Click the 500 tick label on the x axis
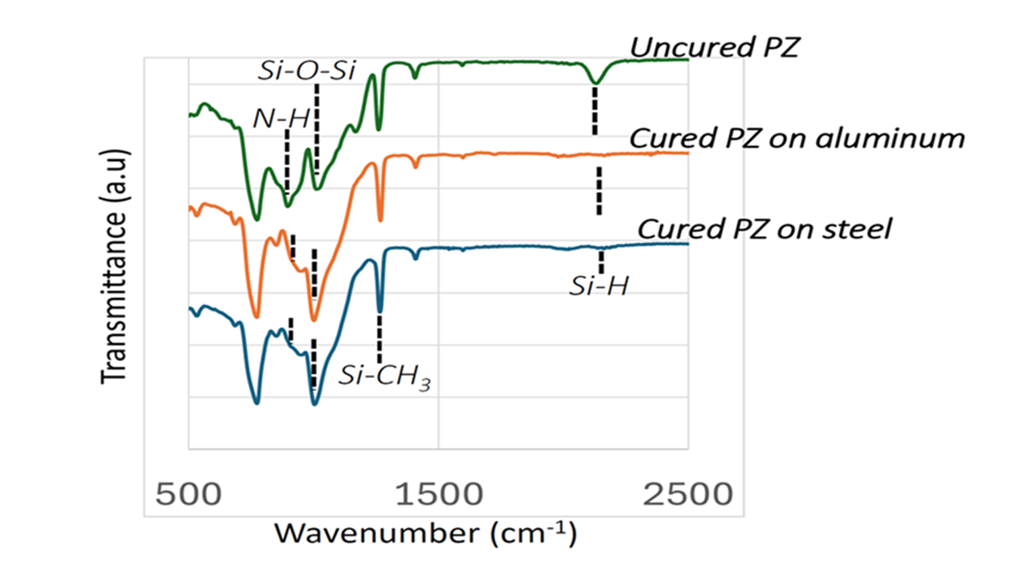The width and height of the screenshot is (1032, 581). tap(189, 494)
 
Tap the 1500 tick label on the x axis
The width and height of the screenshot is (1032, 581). tap(439, 494)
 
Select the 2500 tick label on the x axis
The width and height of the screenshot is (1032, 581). tap(688, 494)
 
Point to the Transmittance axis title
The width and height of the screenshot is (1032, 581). tap(114, 266)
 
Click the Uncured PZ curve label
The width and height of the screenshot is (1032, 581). tap(715, 47)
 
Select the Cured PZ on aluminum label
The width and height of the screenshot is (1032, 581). tap(797, 138)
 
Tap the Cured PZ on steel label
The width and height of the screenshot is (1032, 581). tap(764, 229)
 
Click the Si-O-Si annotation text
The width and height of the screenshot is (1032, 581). tap(306, 70)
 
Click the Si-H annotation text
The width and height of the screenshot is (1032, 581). tap(599, 286)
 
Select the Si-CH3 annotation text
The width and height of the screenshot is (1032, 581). tap(384, 375)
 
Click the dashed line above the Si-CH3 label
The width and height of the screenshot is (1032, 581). tap(379, 339)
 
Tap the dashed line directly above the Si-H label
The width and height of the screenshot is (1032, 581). tap(601, 262)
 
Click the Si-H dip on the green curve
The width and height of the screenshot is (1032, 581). tap(595, 83)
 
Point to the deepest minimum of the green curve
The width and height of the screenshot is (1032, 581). tap(256, 219)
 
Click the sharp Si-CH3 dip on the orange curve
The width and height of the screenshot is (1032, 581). tap(381, 219)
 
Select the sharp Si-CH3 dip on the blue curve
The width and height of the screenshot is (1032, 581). tap(380, 310)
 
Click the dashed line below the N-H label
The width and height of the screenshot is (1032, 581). tap(287, 161)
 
